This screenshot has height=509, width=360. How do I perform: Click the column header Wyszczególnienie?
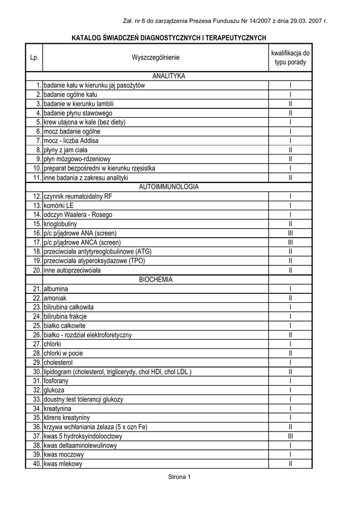pyautogui.click(x=156, y=58)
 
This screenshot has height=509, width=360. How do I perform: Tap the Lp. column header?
pyautogui.click(x=34, y=58)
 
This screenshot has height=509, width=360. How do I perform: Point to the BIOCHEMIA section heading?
pyautogui.click(x=156, y=279)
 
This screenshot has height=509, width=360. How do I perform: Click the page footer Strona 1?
pyautogui.click(x=180, y=477)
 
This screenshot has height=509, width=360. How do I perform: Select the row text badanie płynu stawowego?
pyautogui.click(x=78, y=113)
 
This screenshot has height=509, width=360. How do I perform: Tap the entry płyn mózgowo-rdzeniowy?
pyautogui.click(x=77, y=159)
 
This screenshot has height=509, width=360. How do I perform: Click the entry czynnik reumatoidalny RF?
pyautogui.click(x=78, y=196)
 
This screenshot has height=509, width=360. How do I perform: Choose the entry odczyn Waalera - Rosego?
pyautogui.click(x=78, y=215)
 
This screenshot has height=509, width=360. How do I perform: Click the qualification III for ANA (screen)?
pyautogui.click(x=290, y=233)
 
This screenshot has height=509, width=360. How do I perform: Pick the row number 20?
pyautogui.click(x=36, y=270)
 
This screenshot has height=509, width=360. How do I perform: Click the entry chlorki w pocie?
pyautogui.click(x=63, y=353)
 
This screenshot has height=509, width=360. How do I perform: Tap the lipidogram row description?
pyautogui.click(x=117, y=372)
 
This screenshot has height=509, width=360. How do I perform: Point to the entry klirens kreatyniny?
pyautogui.click(x=67, y=418)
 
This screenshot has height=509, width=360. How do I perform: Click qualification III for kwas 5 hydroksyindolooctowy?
pyautogui.click(x=290, y=436)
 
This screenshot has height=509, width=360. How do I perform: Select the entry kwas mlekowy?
pyautogui.click(x=63, y=464)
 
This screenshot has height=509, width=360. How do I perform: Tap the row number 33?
pyautogui.click(x=36, y=399)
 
